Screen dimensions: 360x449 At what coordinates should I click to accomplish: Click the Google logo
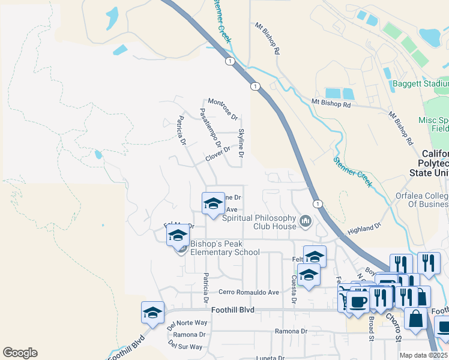pos(20,353)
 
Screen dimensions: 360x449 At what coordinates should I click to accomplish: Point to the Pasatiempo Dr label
pos(211,127)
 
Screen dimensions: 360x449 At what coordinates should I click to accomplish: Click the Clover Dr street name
pos(218,154)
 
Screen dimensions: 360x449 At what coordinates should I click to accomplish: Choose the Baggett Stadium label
pos(420,83)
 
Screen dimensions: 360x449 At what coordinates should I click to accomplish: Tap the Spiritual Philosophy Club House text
pos(259,222)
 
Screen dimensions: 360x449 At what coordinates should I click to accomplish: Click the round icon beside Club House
pos(306,222)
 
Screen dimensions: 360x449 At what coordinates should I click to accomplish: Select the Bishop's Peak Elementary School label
pos(225,248)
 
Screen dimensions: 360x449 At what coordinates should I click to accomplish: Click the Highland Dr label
pos(364,229)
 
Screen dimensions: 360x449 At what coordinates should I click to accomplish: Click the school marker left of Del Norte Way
pos(152,313)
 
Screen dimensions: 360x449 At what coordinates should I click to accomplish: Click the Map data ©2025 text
pos(424,355)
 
